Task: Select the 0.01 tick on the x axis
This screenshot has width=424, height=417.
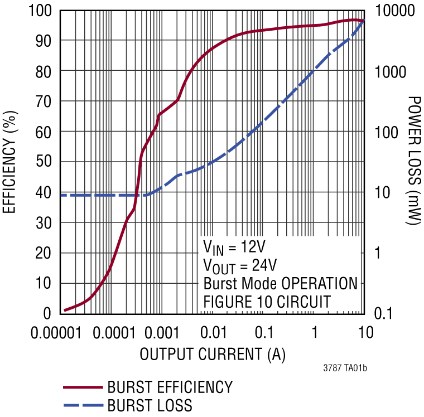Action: [212, 332]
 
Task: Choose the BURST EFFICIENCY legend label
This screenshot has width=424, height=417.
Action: [170, 387]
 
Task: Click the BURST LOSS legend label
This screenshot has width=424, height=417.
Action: [150, 405]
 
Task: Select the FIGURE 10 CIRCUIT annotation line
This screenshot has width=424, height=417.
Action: [267, 302]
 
